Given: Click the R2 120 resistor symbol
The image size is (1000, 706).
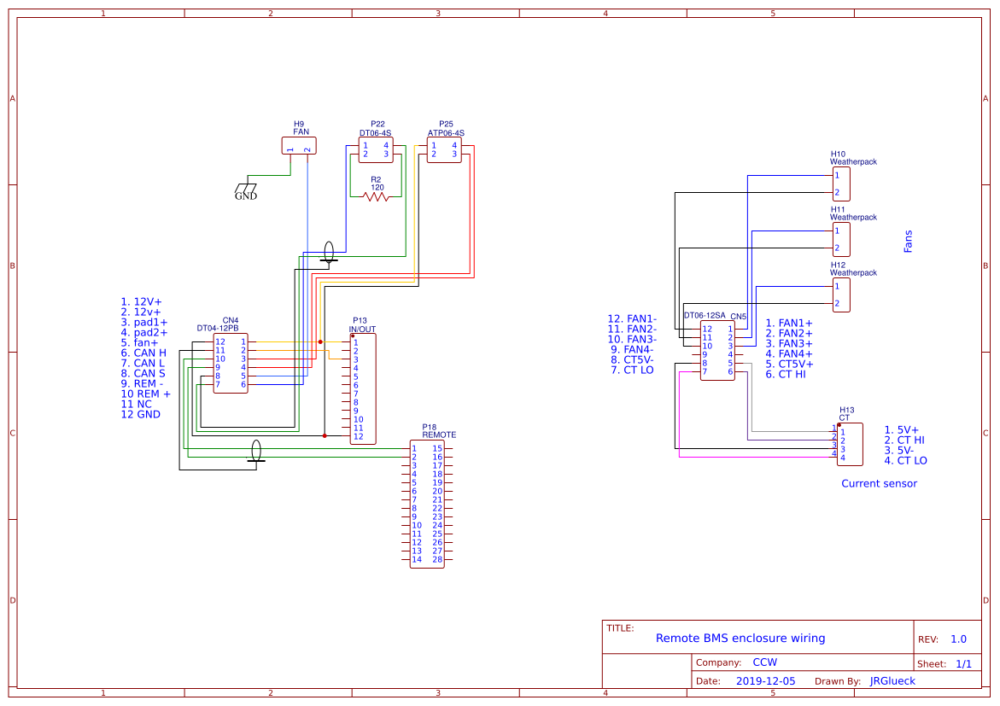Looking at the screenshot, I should pos(376,196).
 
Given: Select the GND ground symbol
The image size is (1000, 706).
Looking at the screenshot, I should pos(246,190).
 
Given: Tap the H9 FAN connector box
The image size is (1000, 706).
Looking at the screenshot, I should pos(298,146).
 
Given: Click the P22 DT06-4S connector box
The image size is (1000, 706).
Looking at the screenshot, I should pos(376,149).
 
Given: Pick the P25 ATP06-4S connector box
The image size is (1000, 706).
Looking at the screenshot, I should pos(444,149).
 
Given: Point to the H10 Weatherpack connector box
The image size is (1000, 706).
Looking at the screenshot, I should pos(842,184).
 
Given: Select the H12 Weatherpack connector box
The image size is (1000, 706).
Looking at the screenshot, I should pos(842,295).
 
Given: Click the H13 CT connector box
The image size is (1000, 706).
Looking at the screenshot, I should pos(850,444).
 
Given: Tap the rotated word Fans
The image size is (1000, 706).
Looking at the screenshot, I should pos(908,241).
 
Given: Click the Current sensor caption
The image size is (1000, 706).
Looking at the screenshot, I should pos(879,483).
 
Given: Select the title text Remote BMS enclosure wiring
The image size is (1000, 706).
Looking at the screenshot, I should pos(740,638).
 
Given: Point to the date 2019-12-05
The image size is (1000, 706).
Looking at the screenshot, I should pos(764,681).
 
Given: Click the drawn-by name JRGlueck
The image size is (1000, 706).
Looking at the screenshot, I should pos(892,681).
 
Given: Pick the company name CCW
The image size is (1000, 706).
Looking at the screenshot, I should pos(764,662).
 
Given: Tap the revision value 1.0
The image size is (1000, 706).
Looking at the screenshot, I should pos(958,639).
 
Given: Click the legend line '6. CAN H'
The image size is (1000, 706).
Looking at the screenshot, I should pos(143,353).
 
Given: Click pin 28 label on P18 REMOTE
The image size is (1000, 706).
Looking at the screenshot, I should pos(437,560).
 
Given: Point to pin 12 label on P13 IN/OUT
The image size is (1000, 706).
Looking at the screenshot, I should pos(358,436).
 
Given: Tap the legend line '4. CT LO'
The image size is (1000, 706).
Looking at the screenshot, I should pos(905,461).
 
